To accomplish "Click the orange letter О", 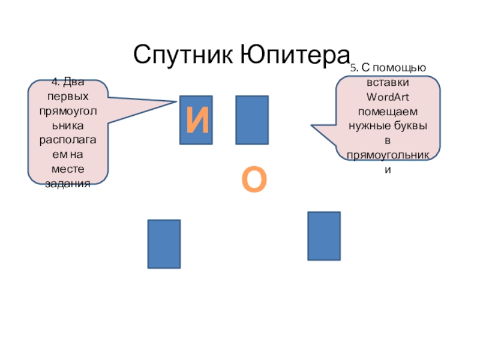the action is point(254,181).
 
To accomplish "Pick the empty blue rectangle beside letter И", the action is point(252,120).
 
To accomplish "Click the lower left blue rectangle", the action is point(164,244).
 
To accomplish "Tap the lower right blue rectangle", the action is point(324,236).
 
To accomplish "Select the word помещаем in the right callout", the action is point(388,112).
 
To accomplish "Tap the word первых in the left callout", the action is point(68,96).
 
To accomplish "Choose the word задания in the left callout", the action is point(68,184).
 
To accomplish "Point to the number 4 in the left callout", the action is point(53,83).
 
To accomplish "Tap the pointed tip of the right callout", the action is point(311,127).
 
